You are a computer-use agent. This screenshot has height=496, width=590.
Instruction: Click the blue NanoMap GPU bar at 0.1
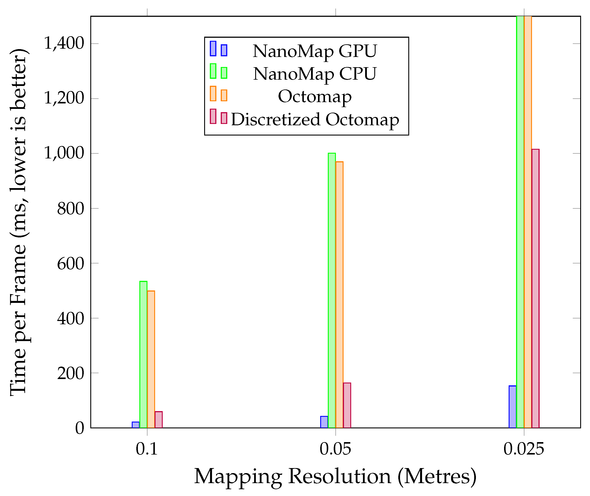pos(136,425)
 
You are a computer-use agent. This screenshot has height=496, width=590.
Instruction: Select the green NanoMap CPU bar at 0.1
pos(143,354)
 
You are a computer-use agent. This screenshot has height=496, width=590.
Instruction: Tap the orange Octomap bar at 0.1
pos(151,359)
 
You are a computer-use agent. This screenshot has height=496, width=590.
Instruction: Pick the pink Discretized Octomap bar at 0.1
pos(159,420)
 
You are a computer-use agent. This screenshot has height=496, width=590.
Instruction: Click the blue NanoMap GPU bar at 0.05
pos(324,422)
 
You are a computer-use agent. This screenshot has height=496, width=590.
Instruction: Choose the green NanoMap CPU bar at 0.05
pos(332,290)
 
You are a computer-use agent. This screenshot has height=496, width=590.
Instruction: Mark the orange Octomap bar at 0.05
pos(339,295)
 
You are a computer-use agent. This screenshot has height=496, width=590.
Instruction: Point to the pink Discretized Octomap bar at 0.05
pos(347,405)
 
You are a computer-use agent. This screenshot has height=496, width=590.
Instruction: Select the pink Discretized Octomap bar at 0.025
pos(535,288)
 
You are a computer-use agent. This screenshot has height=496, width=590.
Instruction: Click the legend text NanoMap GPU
pos(315,51)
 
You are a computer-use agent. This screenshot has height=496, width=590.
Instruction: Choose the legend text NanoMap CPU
pos(315,74)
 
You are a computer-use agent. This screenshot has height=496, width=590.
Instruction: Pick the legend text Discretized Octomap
pos(315,120)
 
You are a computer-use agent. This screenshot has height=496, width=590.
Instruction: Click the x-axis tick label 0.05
pos(335,449)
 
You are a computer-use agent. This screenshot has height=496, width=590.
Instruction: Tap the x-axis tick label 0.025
pos(524,449)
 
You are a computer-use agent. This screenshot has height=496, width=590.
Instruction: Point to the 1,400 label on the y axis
pos(64,44)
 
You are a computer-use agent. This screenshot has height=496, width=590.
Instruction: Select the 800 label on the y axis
pos(70,208)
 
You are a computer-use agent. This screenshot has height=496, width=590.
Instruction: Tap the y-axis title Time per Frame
pos(18,222)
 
